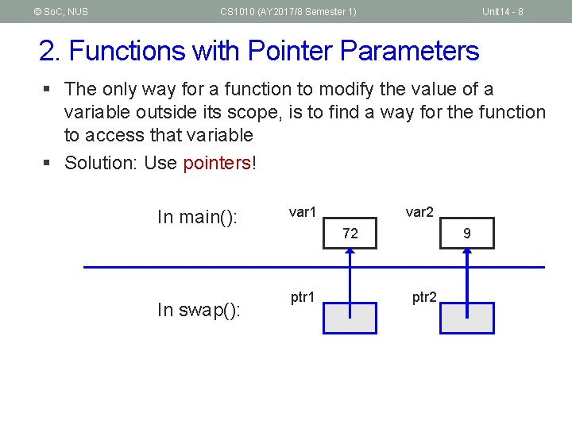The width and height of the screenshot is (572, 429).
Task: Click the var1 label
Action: (303, 212)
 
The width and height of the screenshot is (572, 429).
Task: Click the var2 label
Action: (419, 212)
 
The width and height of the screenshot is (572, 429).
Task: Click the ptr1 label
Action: (303, 298)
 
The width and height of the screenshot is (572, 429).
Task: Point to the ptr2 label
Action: (423, 298)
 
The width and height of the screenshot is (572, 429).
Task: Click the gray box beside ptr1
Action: (350, 318)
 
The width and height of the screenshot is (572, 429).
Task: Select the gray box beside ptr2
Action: (467, 318)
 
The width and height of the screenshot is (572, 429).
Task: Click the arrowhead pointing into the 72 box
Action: (350, 252)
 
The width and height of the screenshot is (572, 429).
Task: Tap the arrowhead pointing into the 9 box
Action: (467, 252)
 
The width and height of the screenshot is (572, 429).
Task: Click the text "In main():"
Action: (198, 218)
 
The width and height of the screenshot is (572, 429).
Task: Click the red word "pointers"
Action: (216, 164)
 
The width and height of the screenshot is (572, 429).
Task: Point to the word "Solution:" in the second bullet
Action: (100, 164)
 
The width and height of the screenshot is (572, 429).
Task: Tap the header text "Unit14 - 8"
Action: (502, 11)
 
